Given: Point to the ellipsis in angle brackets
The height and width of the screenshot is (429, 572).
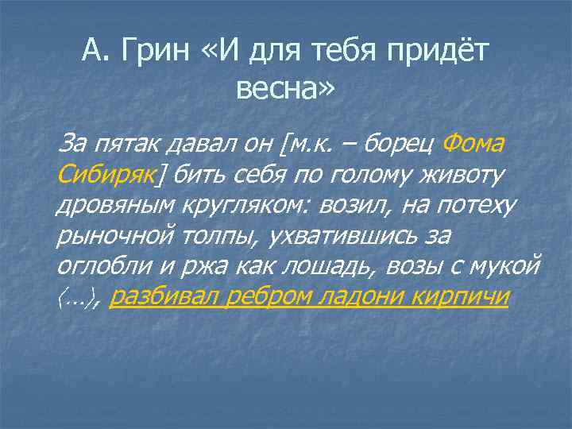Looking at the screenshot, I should [x=77, y=297].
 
